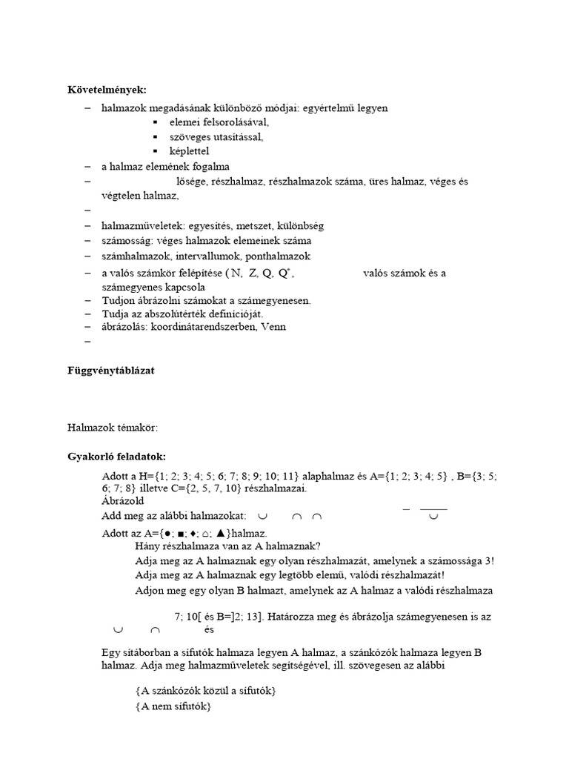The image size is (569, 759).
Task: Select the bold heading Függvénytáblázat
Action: click(x=111, y=370)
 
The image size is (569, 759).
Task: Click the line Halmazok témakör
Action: click(x=113, y=427)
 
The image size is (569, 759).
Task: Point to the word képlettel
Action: click(x=190, y=151)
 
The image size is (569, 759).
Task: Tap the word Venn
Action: click(x=271, y=326)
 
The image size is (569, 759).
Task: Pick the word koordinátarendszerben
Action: click(x=202, y=326)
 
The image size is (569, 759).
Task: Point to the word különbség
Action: click(x=299, y=225)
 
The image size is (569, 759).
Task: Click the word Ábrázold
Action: click(x=122, y=501)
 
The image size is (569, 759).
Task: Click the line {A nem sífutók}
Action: click(x=173, y=707)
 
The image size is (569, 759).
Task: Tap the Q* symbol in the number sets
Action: click(x=284, y=273)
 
